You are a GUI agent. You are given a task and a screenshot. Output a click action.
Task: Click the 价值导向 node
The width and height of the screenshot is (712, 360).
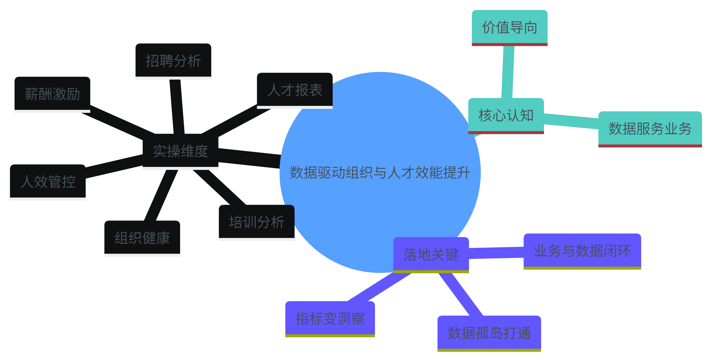pyautogui.click(x=509, y=27)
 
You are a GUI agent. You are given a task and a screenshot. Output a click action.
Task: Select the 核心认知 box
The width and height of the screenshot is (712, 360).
pyautogui.click(x=506, y=115)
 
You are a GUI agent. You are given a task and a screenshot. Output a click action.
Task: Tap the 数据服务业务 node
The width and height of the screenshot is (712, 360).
pyautogui.click(x=650, y=129)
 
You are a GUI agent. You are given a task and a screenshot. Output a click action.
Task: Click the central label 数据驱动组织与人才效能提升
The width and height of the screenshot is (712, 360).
pyautogui.click(x=380, y=173)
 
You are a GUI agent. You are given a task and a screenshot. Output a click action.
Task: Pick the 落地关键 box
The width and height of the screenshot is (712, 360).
pyautogui.click(x=431, y=254)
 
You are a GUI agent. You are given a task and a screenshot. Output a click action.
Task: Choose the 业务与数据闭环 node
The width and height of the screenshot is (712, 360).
pyautogui.click(x=582, y=251)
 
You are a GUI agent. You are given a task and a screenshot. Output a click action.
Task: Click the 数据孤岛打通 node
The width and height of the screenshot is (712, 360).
pyautogui.click(x=489, y=333)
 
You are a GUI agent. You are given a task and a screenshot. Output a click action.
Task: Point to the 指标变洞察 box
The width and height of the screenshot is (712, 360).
pyautogui.click(x=330, y=318)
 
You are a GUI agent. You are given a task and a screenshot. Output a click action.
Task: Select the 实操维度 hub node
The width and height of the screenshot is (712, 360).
pyautogui.click(x=180, y=151)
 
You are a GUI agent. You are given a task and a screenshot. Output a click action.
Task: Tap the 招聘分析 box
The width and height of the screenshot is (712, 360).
pyautogui.click(x=173, y=60)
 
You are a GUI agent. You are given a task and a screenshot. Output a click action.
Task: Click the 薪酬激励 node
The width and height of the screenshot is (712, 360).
pyautogui.click(x=52, y=94)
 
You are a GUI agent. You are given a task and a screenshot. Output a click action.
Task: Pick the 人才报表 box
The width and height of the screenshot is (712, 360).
pyautogui.click(x=295, y=90)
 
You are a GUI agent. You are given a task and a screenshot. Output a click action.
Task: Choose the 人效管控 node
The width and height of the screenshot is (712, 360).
pyautogui.click(x=48, y=181)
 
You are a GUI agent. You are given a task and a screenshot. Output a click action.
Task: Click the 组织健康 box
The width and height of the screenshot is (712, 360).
pyautogui.click(x=142, y=238)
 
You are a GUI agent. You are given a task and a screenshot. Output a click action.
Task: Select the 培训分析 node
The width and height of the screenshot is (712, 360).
pyautogui.click(x=257, y=222)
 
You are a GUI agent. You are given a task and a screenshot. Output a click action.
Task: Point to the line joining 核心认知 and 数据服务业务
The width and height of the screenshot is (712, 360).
pyautogui.click(x=571, y=121)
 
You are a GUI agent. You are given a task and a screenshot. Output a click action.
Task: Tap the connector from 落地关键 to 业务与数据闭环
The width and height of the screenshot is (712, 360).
pyautogui.click(x=496, y=253)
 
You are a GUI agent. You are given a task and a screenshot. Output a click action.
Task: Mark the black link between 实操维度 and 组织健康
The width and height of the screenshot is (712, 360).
pyautogui.click(x=161, y=195)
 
